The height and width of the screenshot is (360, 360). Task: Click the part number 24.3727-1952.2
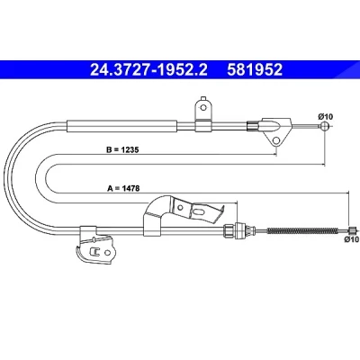148,70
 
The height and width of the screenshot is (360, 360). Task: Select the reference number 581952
255,70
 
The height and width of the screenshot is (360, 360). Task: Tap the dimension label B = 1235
122,149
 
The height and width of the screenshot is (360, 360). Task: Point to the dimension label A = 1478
123,188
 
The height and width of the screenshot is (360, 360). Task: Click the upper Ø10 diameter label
326,116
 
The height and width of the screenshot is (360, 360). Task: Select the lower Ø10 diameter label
352,239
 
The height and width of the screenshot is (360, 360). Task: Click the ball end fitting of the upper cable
325,126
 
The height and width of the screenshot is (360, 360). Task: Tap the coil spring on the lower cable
306,230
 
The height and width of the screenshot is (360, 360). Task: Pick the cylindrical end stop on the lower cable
353,230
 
